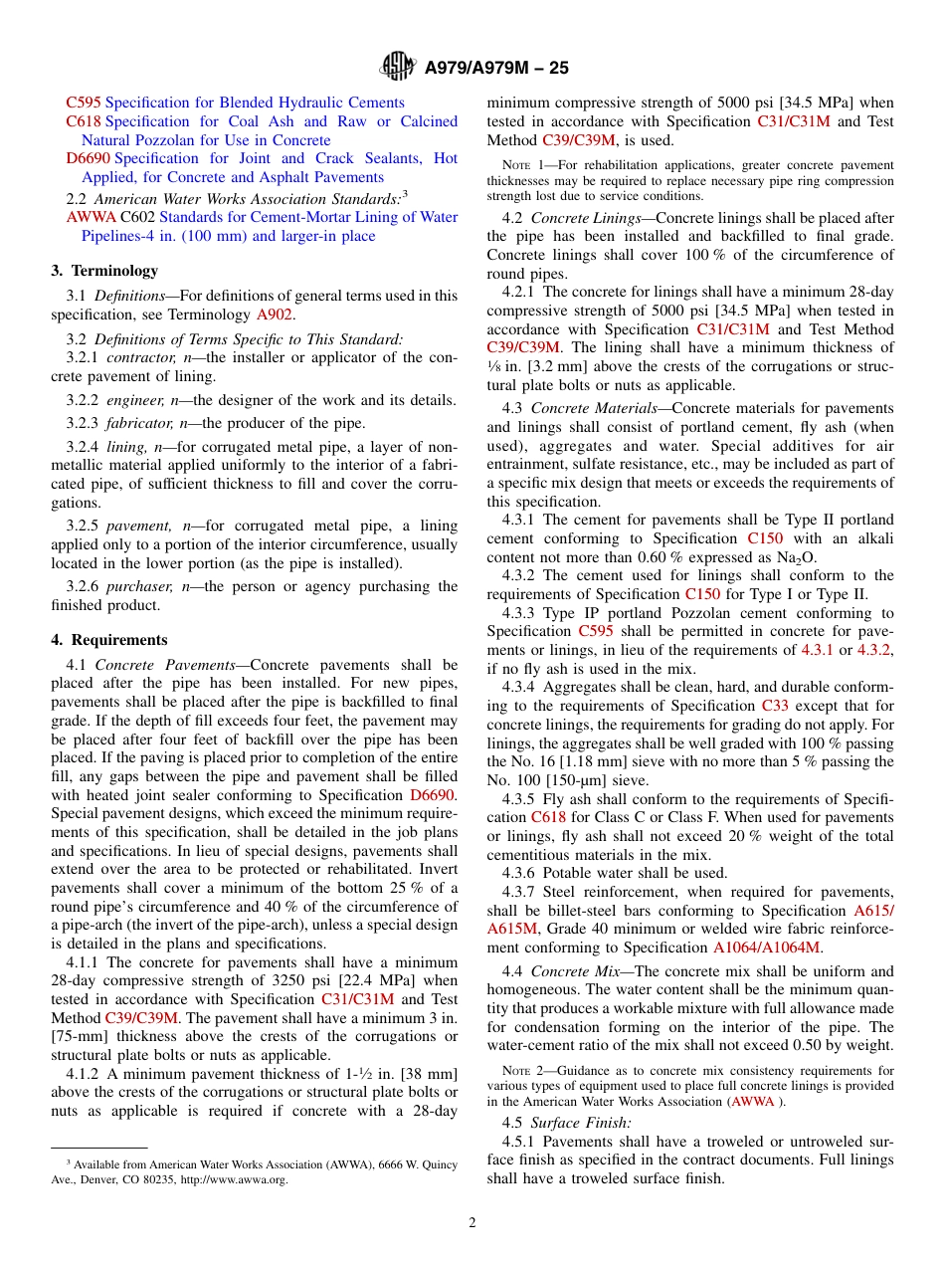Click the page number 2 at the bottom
pos(472,1223)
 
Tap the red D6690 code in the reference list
pos(89,158)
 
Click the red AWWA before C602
pos(91,217)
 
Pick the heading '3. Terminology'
pos(104,271)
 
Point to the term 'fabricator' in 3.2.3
pos(137,422)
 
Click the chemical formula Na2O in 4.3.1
pos(796,557)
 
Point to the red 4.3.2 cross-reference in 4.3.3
pos(873,650)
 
